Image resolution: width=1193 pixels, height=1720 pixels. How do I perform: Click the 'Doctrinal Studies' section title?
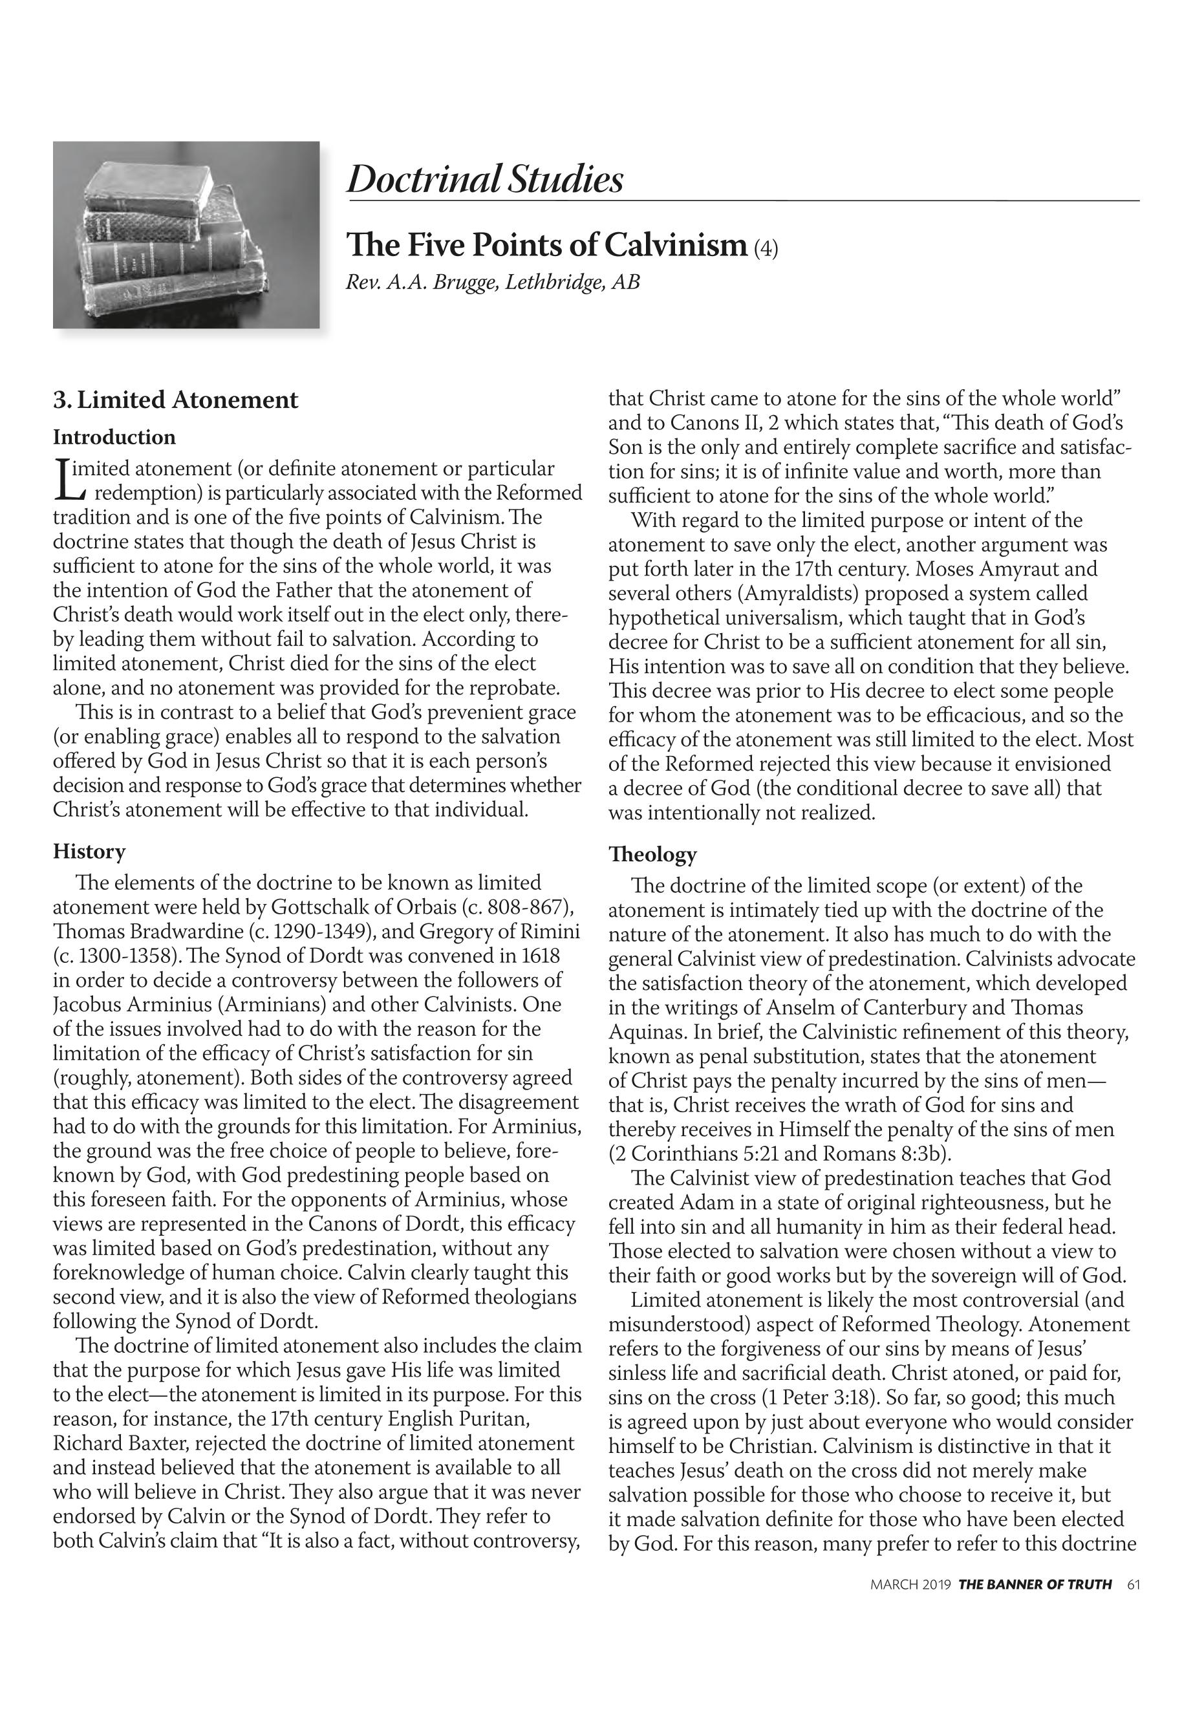coord(484,179)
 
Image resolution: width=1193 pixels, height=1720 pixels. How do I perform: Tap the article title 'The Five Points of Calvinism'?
coord(546,245)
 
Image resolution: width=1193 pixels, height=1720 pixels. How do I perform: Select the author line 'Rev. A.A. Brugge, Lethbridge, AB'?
coord(492,283)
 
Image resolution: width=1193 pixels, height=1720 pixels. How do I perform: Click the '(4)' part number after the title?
coord(766,248)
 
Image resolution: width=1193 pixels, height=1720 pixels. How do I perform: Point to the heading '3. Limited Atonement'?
coord(175,400)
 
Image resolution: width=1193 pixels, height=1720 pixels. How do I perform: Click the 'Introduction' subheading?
coord(114,437)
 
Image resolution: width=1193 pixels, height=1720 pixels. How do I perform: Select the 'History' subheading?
coord(89,852)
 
